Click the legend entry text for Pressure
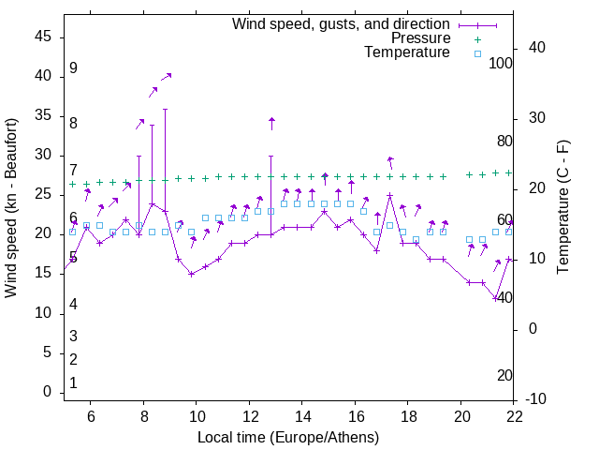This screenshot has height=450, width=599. pos(421,38)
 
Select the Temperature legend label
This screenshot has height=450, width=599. pos(407,52)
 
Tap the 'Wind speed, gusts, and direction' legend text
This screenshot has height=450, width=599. pos(342,23)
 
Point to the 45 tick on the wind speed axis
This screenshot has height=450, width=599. pos(43,37)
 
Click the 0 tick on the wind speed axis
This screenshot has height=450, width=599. pos(47,393)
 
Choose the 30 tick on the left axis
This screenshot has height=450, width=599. pos(43,156)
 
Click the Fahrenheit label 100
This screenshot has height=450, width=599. pos(501,64)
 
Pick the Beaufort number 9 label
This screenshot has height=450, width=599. pos(73,68)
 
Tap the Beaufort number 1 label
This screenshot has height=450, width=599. pos(73,383)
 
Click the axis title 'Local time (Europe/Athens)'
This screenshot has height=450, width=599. pos(288,437)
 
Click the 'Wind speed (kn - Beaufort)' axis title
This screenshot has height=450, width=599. pos(11,207)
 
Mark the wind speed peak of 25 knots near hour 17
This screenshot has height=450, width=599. pos(389,195)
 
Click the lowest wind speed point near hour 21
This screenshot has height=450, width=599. pos(496,298)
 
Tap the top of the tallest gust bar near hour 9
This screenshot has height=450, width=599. pos(165,109)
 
